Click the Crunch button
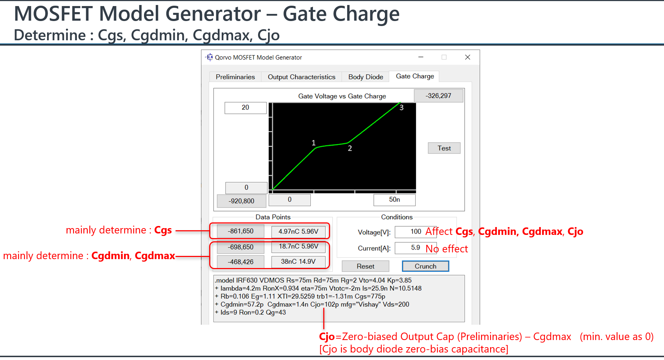(x=425, y=266)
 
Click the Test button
(x=444, y=148)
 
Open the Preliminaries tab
(x=235, y=77)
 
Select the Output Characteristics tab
(x=302, y=77)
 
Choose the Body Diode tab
(x=366, y=77)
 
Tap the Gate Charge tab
(x=415, y=76)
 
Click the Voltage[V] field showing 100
(x=416, y=232)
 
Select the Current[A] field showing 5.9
(x=416, y=248)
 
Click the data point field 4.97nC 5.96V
(x=298, y=232)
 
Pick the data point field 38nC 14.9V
(x=298, y=262)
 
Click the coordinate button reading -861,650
(x=241, y=231)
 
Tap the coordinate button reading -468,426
(x=241, y=262)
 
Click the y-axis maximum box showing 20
(x=246, y=108)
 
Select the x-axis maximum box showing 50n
(x=395, y=200)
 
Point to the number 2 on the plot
(x=350, y=148)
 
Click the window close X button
(x=468, y=57)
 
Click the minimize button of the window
(x=421, y=57)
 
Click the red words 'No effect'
(x=447, y=249)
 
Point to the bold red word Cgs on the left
(x=163, y=231)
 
